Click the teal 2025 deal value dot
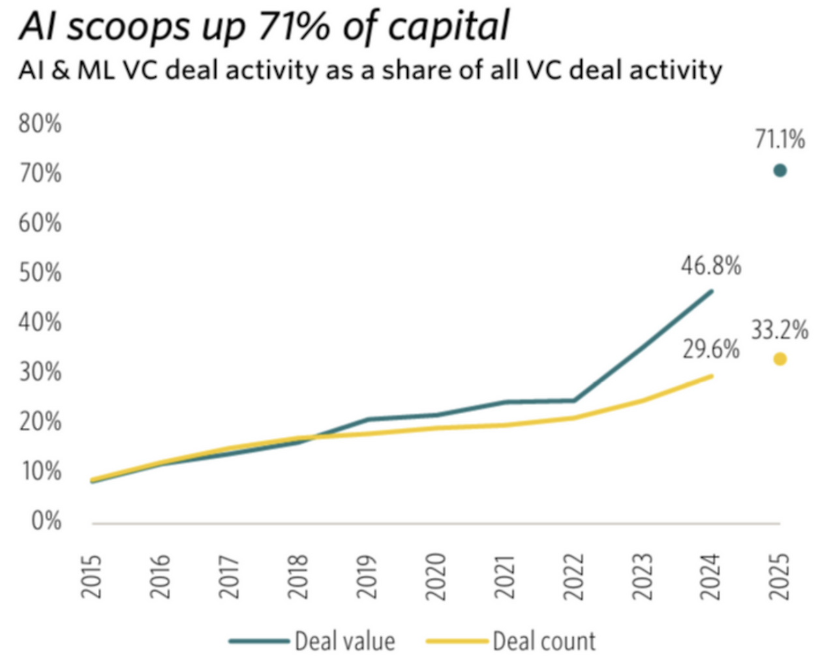point(780,171)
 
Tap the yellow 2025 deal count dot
point(780,359)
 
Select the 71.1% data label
point(780,139)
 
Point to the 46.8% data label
point(711,266)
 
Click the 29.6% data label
point(711,350)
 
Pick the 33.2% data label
point(780,330)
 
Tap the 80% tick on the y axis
point(40,123)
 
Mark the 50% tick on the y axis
point(40,273)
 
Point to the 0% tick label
point(46,521)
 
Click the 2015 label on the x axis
point(91,577)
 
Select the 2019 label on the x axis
point(367,577)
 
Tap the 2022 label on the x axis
point(573,577)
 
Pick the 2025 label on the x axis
point(780,577)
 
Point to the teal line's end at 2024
point(711,291)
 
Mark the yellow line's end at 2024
point(711,376)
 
